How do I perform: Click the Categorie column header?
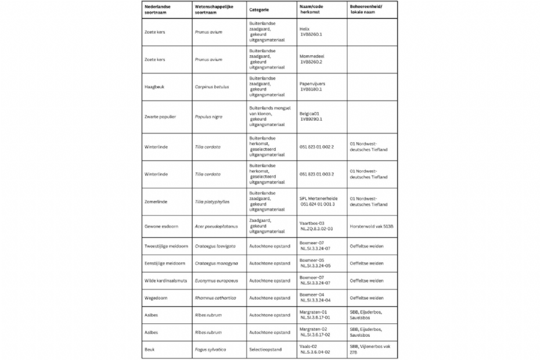[259, 10]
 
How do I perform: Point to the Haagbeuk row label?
[154, 87]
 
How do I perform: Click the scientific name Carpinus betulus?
[212, 87]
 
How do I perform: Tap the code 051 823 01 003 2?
[316, 174]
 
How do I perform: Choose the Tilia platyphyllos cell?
[213, 201]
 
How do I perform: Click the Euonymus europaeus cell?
[217, 281]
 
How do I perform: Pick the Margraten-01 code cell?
[315, 315]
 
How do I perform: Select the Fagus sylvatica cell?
[210, 350]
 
